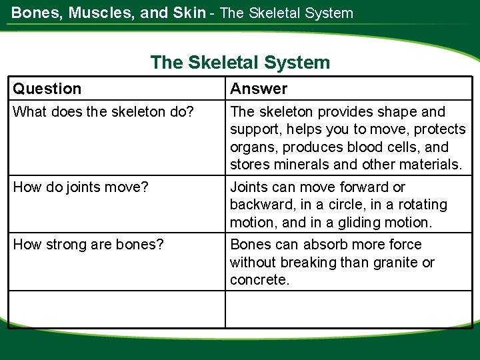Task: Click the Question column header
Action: pos(47,89)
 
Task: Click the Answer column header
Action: pos(259,89)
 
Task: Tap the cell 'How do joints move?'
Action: pos(81,187)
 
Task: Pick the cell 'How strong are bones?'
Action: pos(88,245)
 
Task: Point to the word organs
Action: pos(251,147)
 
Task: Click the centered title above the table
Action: pos(240,63)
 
